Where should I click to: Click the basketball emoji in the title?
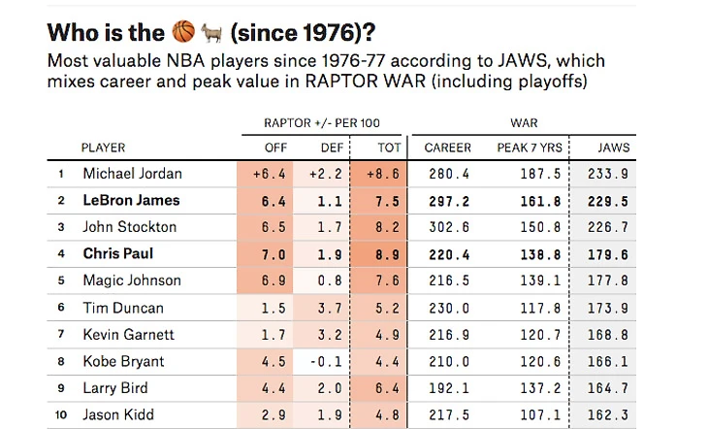coord(182,32)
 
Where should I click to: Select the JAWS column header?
coord(613,148)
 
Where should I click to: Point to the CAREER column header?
coord(447,148)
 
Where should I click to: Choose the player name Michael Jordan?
coord(132,175)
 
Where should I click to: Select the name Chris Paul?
coord(117,254)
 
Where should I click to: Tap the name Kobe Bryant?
coord(123,361)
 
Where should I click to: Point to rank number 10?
coord(60,414)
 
